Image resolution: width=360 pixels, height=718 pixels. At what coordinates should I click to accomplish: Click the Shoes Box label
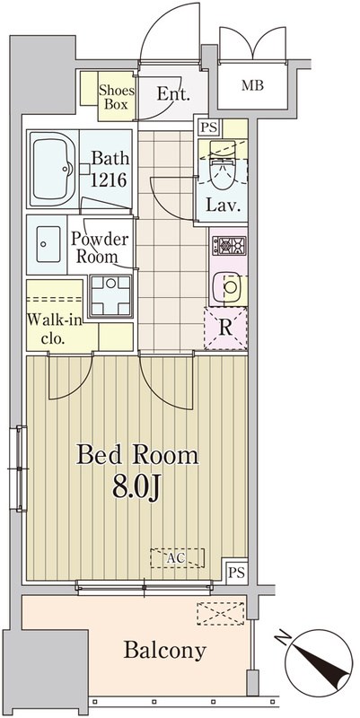(117, 97)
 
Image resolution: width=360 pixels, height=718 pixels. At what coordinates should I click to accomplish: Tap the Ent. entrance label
(173, 94)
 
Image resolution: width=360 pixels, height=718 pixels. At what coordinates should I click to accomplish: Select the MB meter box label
(253, 85)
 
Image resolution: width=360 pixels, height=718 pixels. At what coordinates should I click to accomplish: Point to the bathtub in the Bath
(54, 169)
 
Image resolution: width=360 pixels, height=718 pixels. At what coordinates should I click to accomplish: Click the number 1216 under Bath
(108, 180)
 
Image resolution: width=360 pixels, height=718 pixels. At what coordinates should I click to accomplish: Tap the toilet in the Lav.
(223, 169)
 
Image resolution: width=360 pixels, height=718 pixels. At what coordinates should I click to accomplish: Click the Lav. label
(223, 205)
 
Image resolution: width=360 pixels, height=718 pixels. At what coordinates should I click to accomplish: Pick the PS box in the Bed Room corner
(237, 572)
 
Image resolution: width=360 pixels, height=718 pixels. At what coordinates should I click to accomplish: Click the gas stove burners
(229, 246)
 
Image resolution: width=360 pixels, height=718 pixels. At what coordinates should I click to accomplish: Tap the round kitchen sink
(230, 287)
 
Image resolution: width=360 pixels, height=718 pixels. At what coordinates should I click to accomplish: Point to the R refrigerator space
(224, 328)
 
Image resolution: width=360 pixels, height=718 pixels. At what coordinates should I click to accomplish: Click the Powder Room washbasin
(48, 244)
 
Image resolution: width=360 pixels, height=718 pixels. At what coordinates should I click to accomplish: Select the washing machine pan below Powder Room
(110, 296)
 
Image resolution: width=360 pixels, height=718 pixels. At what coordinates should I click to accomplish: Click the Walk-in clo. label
(55, 329)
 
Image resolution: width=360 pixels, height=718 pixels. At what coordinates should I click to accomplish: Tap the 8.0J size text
(136, 489)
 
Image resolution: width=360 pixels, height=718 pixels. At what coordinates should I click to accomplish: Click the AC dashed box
(177, 557)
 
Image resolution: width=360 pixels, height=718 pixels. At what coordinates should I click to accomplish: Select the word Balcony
(165, 651)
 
